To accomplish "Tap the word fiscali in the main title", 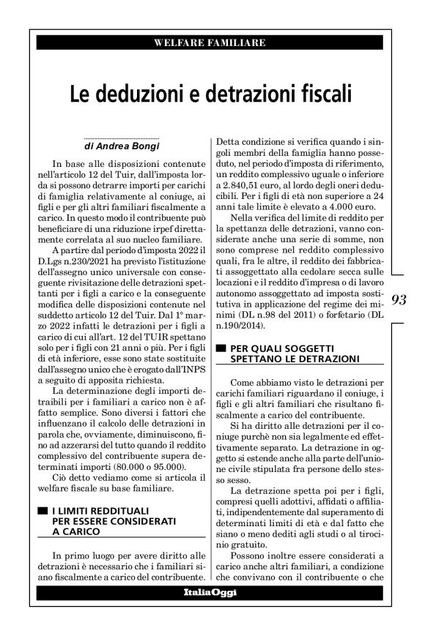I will tap(320, 94).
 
